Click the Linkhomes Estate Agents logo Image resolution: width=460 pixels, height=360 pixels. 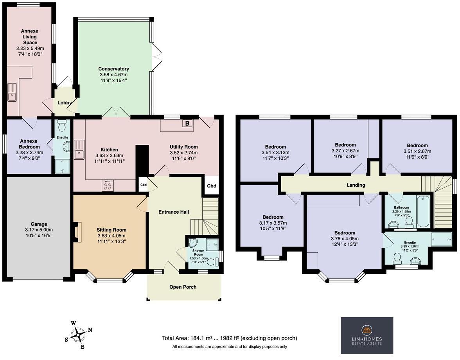[x=367, y=335]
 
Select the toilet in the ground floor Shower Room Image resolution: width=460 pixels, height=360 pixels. [x=213, y=263]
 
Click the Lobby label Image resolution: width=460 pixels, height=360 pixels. [x=65, y=103]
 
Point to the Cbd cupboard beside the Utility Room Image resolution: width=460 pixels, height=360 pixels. [x=211, y=186]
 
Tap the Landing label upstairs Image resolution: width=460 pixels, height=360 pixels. [x=356, y=185]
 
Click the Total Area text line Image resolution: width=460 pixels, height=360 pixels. [x=230, y=338]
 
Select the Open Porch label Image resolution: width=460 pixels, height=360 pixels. [x=183, y=287]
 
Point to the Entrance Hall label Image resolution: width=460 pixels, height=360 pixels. [x=173, y=212]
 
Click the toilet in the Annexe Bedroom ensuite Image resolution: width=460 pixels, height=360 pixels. [x=62, y=126]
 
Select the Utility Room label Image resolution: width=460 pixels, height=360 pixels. [x=183, y=147]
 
